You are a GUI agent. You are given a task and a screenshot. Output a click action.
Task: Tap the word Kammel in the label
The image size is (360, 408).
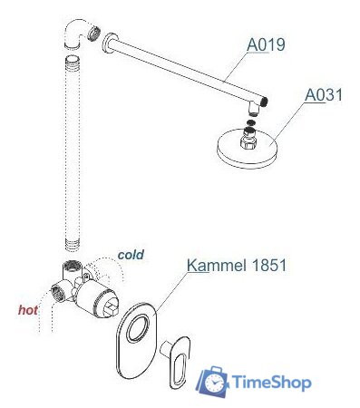point(211,266)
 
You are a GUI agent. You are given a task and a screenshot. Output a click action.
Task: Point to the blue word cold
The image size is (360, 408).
point(131,255)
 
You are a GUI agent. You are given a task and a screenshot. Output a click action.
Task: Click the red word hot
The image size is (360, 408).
point(29,310)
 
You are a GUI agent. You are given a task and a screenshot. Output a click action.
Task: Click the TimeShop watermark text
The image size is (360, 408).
point(272,382)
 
